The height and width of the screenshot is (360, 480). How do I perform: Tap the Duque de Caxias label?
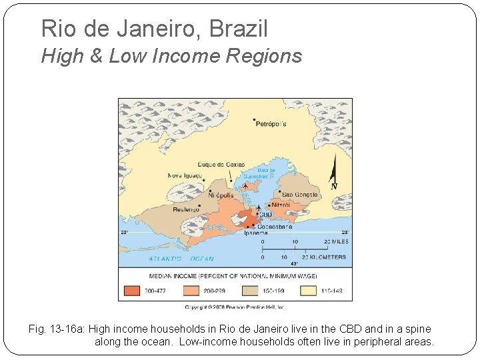click(x=221, y=165)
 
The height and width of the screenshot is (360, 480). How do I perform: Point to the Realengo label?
click(x=186, y=209)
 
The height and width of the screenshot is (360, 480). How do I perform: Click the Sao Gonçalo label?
click(x=301, y=194)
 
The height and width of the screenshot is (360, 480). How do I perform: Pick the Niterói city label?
click(x=281, y=205)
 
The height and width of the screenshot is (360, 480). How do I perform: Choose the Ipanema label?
click(x=256, y=233)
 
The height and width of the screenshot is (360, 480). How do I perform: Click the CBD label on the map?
click(x=266, y=215)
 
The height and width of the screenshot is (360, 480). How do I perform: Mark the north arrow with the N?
click(x=333, y=177)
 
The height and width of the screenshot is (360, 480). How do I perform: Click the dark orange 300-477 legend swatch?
click(x=131, y=290)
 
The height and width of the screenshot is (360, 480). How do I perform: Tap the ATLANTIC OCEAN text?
click(x=181, y=258)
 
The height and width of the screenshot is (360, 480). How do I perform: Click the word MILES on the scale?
click(x=335, y=241)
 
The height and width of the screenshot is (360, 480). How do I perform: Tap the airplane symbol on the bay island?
click(x=248, y=184)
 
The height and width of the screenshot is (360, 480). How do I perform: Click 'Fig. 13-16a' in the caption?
click(x=57, y=329)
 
